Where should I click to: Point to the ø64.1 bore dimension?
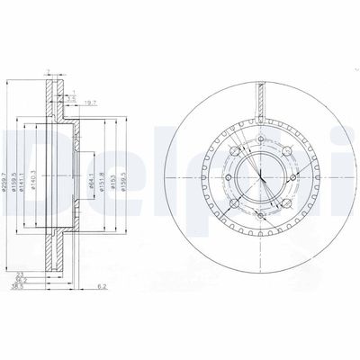pyautogui.click(x=94, y=169)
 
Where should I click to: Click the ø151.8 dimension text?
pyautogui.click(x=106, y=169)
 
